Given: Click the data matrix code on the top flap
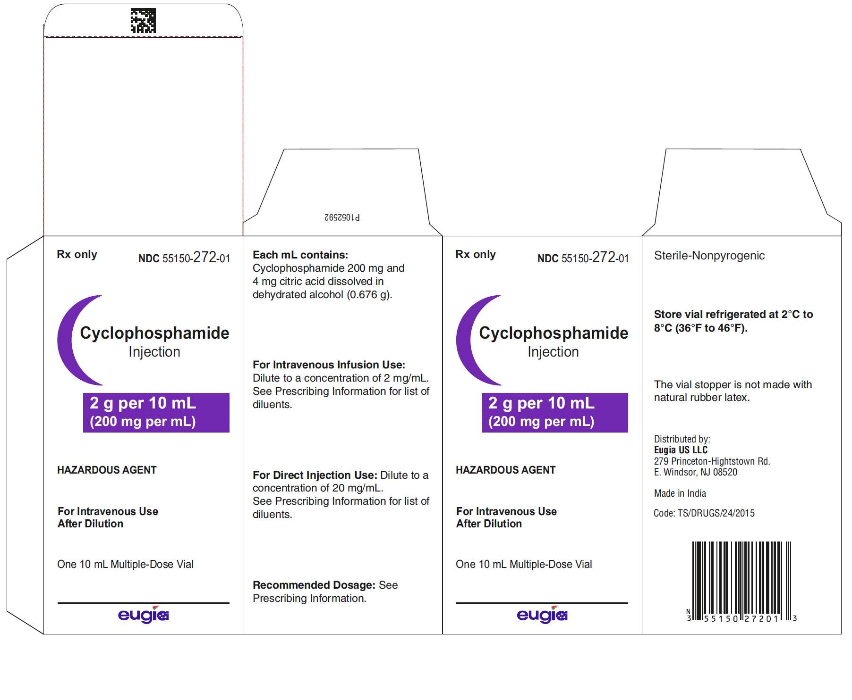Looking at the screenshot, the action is pos(143,21).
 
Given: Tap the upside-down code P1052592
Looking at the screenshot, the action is pos(342,217).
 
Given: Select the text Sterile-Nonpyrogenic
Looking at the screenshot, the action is pos(709,256).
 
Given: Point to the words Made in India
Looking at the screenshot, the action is pos(680,493).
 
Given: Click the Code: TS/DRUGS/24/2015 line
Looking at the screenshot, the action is pos(704,513).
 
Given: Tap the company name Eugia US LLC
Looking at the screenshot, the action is pos(681,450).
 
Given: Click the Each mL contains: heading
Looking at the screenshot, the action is pos(300,255).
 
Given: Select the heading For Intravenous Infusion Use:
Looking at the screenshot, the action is pos(329,365).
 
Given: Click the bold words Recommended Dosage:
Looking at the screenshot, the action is pos(314,585).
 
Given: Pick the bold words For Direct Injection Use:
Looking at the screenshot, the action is pos(315,475).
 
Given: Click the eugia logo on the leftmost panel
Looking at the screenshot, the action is pos(143,615).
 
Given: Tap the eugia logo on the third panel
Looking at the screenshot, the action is pos(542,615).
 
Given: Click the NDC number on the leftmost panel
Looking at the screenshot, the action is pos(184,258).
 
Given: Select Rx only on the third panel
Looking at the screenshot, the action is pos(476,254).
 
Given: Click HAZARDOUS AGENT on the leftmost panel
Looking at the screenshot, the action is pos(107,470).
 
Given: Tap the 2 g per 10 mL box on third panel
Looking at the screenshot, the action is pos(555,413).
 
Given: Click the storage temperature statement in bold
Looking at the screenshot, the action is pos(733,321).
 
